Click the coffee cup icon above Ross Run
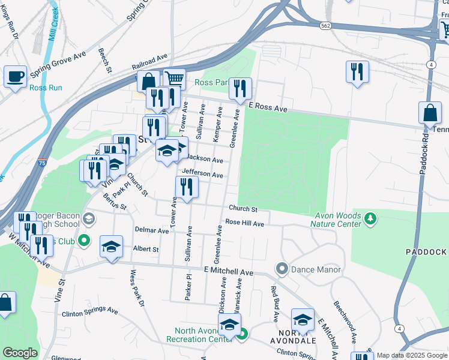16,77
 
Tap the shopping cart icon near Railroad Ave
174,79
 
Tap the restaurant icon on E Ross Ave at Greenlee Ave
240,89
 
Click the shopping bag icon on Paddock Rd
430,113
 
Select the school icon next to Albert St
111,247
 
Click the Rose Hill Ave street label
245,223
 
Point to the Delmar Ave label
152,230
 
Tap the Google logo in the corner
20,353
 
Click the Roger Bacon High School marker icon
89,218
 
